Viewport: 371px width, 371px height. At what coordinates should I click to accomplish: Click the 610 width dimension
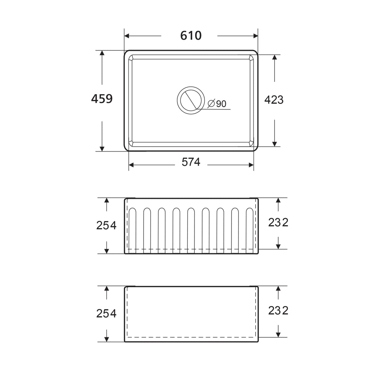[191, 36]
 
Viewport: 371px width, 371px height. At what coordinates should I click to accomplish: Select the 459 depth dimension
[102, 99]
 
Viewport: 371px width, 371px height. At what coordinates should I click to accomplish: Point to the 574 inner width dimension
[191, 162]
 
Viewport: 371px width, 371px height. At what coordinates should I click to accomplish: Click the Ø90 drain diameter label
[217, 104]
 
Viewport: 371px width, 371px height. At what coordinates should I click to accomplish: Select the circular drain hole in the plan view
[191, 100]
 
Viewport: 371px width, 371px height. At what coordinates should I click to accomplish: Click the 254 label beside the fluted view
[106, 226]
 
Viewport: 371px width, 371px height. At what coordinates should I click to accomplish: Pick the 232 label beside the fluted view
[278, 222]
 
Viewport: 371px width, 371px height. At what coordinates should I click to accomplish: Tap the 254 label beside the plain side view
[106, 313]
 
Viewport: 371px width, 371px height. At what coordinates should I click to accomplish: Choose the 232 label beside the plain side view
[278, 311]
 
